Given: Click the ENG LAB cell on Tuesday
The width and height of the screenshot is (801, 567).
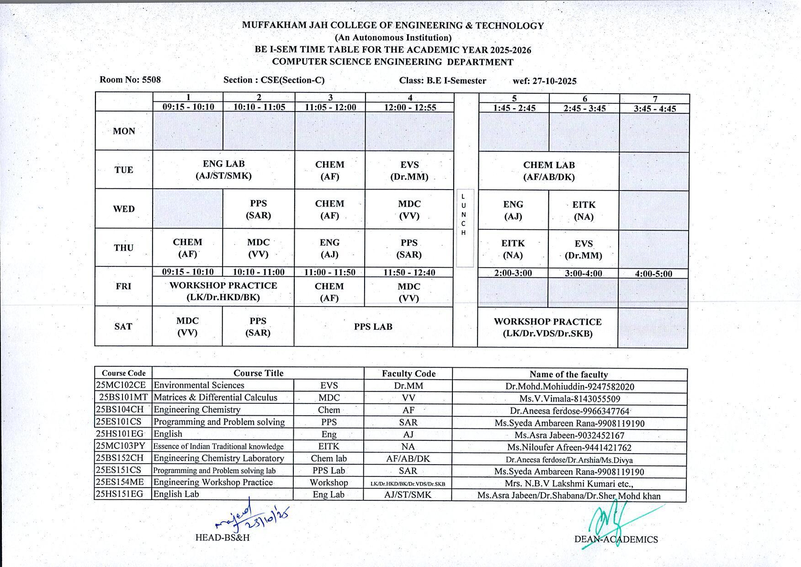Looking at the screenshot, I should pyautogui.click(x=224, y=170).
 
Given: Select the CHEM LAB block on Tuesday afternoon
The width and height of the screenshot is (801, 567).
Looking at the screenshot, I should pyautogui.click(x=549, y=171).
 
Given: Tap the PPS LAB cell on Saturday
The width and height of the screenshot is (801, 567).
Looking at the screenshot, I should pyautogui.click(x=373, y=327).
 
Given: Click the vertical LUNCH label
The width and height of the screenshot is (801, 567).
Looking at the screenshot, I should pyautogui.click(x=464, y=214).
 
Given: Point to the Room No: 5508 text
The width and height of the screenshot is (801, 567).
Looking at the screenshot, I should pyautogui.click(x=130, y=79).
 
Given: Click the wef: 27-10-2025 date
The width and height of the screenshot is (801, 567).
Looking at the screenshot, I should pyautogui.click(x=545, y=81).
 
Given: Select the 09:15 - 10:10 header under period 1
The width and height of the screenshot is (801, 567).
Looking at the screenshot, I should pyautogui.click(x=188, y=107).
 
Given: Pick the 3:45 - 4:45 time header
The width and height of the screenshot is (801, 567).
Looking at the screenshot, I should pyautogui.click(x=655, y=108).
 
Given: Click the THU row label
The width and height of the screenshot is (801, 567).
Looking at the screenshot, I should pyautogui.click(x=124, y=248).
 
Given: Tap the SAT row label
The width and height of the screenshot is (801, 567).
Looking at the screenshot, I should pyautogui.click(x=123, y=326).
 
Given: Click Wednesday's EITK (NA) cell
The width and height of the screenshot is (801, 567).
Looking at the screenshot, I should pyautogui.click(x=584, y=211).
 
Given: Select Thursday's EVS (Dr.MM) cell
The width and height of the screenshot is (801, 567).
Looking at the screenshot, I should pyautogui.click(x=584, y=249).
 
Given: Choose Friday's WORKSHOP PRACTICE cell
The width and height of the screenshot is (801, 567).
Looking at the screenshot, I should pyautogui.click(x=223, y=291).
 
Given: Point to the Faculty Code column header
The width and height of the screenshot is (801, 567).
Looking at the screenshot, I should pyautogui.click(x=408, y=373).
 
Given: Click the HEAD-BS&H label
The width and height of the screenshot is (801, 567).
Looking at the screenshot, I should pyautogui.click(x=223, y=537).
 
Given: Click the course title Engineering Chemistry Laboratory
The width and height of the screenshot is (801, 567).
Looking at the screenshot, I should pyautogui.click(x=219, y=458).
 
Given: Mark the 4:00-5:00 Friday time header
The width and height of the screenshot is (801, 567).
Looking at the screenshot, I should pyautogui.click(x=653, y=274).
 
